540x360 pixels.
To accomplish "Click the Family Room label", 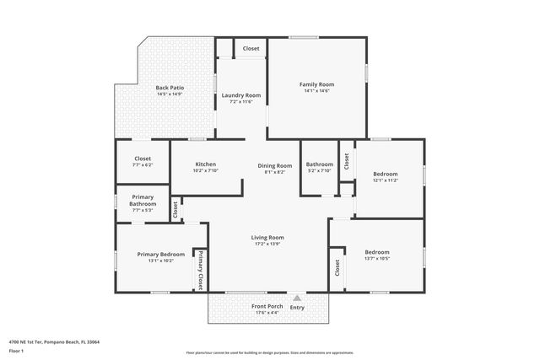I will [317, 84].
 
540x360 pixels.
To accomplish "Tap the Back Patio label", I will [170, 88].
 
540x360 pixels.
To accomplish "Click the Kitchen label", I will [206, 164].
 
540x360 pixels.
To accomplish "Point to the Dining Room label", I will [275, 166].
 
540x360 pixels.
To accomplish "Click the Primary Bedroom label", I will [161, 255].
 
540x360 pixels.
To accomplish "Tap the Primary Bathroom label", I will [143, 201].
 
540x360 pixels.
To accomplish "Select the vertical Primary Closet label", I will [202, 271].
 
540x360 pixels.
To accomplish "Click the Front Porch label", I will [267, 307].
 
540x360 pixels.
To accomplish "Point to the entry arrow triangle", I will [297, 298].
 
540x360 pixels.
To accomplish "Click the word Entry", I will [297, 307].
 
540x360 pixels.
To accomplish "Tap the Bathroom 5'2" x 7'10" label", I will [319, 164].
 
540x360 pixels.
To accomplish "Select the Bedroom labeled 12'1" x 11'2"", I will [385, 174].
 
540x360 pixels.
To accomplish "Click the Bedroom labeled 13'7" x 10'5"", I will [377, 252].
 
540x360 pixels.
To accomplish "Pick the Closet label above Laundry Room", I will [251, 48].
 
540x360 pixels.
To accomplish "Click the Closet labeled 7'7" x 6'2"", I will [143, 159].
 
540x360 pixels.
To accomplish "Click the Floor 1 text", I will [16, 350].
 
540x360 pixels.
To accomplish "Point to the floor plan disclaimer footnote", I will [270, 352].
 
